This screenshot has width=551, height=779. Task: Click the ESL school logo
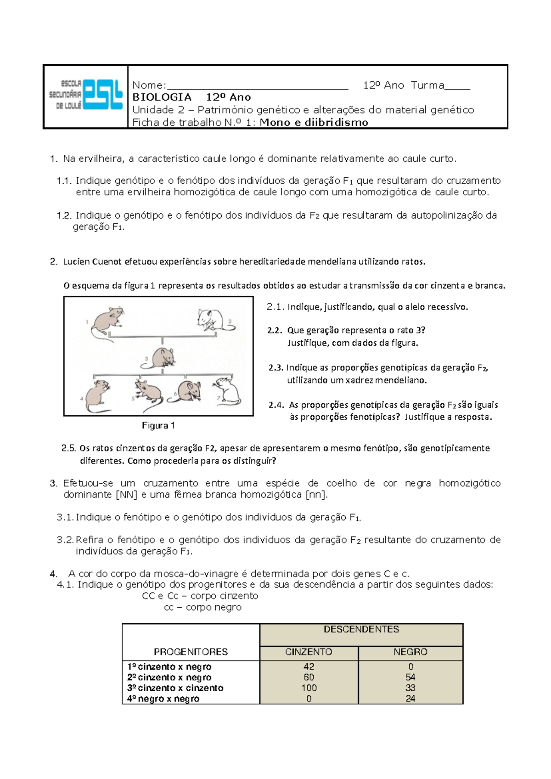point(86,96)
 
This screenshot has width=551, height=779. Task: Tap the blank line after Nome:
point(257,86)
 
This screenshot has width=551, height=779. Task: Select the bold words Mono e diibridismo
point(314,123)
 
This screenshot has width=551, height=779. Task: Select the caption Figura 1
point(158,426)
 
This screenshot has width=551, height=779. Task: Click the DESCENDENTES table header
point(361,630)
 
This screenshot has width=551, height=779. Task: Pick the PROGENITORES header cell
point(191,652)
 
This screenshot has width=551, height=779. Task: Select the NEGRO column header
point(410,652)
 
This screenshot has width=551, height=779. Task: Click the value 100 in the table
point(309,688)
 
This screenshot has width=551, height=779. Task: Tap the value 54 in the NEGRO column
point(410,677)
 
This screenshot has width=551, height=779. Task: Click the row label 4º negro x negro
point(163,699)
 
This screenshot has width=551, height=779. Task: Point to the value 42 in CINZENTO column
point(309,666)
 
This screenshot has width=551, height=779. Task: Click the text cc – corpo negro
point(202,608)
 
